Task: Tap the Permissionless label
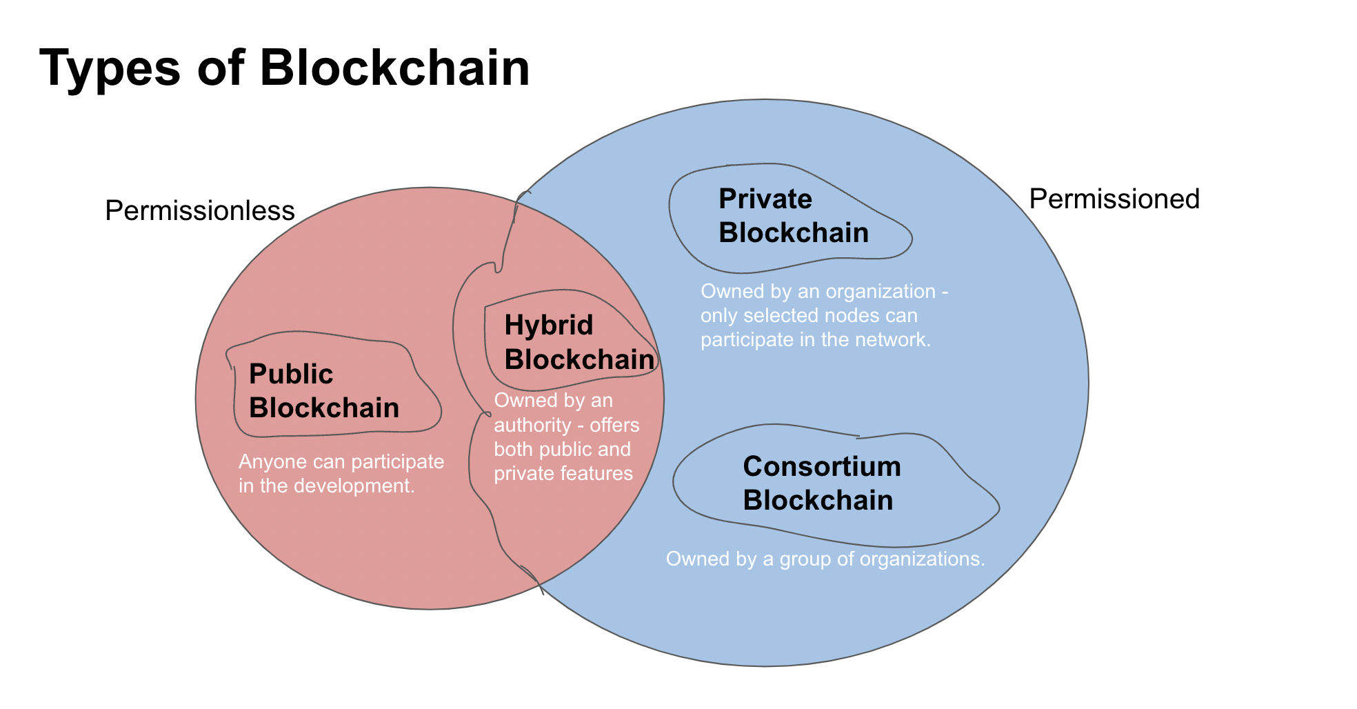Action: tap(199, 210)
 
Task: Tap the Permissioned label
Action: tap(1114, 199)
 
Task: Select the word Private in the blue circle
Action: tap(765, 199)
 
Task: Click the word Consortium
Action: tap(821, 466)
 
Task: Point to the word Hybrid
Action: tap(548, 325)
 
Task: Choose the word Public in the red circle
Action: tap(290, 374)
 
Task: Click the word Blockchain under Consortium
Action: tap(817, 500)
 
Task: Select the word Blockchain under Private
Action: tap(793, 232)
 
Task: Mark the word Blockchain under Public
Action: tap(323, 408)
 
